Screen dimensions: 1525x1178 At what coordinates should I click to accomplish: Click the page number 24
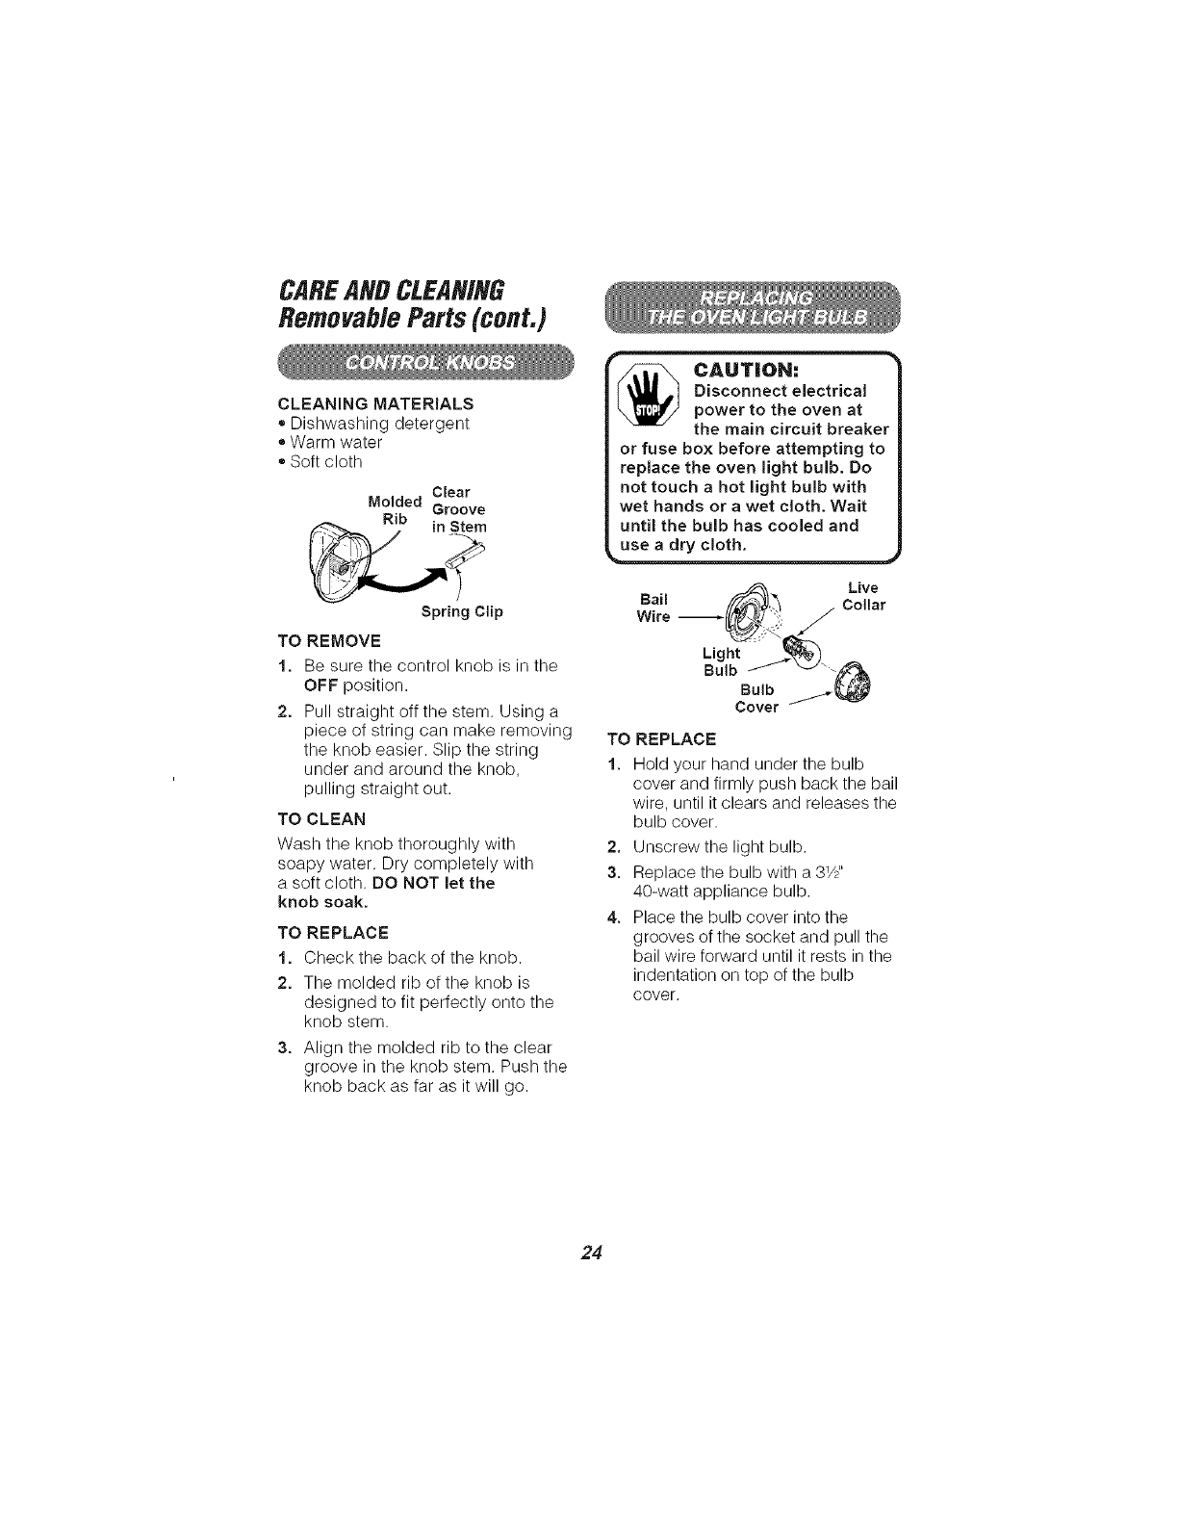pos(591,1253)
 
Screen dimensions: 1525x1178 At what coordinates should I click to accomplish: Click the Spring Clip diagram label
pos(462,611)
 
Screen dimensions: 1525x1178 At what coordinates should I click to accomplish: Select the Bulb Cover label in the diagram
pos(755,698)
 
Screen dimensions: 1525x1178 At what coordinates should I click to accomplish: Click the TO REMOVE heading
pos(328,640)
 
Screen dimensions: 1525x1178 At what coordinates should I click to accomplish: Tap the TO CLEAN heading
pos(320,819)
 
